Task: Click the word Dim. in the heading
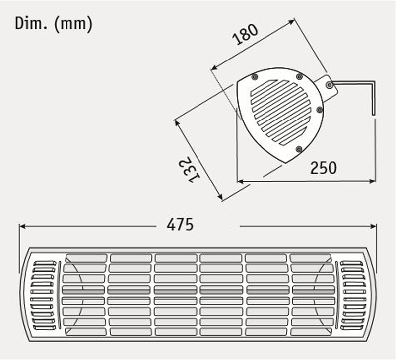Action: [x=27, y=23]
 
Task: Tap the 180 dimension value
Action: [x=246, y=34]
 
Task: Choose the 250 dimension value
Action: [x=323, y=168]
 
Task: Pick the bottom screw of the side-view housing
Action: [x=298, y=149]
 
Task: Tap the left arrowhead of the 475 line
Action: [x=22, y=226]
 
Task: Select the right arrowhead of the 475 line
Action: [x=374, y=226]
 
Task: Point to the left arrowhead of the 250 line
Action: [x=240, y=181]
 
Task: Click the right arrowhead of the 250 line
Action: [x=373, y=181]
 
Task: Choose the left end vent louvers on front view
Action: [x=43, y=296]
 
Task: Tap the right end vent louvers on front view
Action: [x=353, y=296]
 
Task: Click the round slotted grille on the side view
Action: [x=280, y=112]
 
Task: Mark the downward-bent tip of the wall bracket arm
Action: [x=374, y=113]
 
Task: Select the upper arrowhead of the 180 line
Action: [x=292, y=21]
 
